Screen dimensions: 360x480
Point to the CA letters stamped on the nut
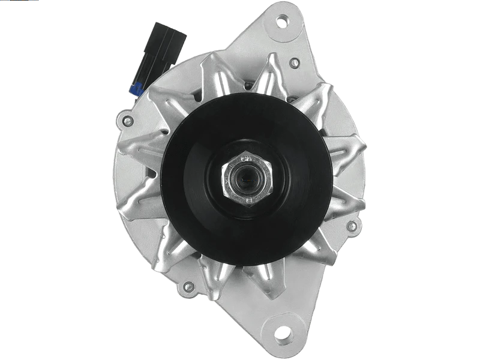point(245,159)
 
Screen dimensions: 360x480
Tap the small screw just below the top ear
point(294,62)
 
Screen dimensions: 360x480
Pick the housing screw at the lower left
point(188,287)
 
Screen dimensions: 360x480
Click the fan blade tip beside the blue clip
point(157,96)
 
